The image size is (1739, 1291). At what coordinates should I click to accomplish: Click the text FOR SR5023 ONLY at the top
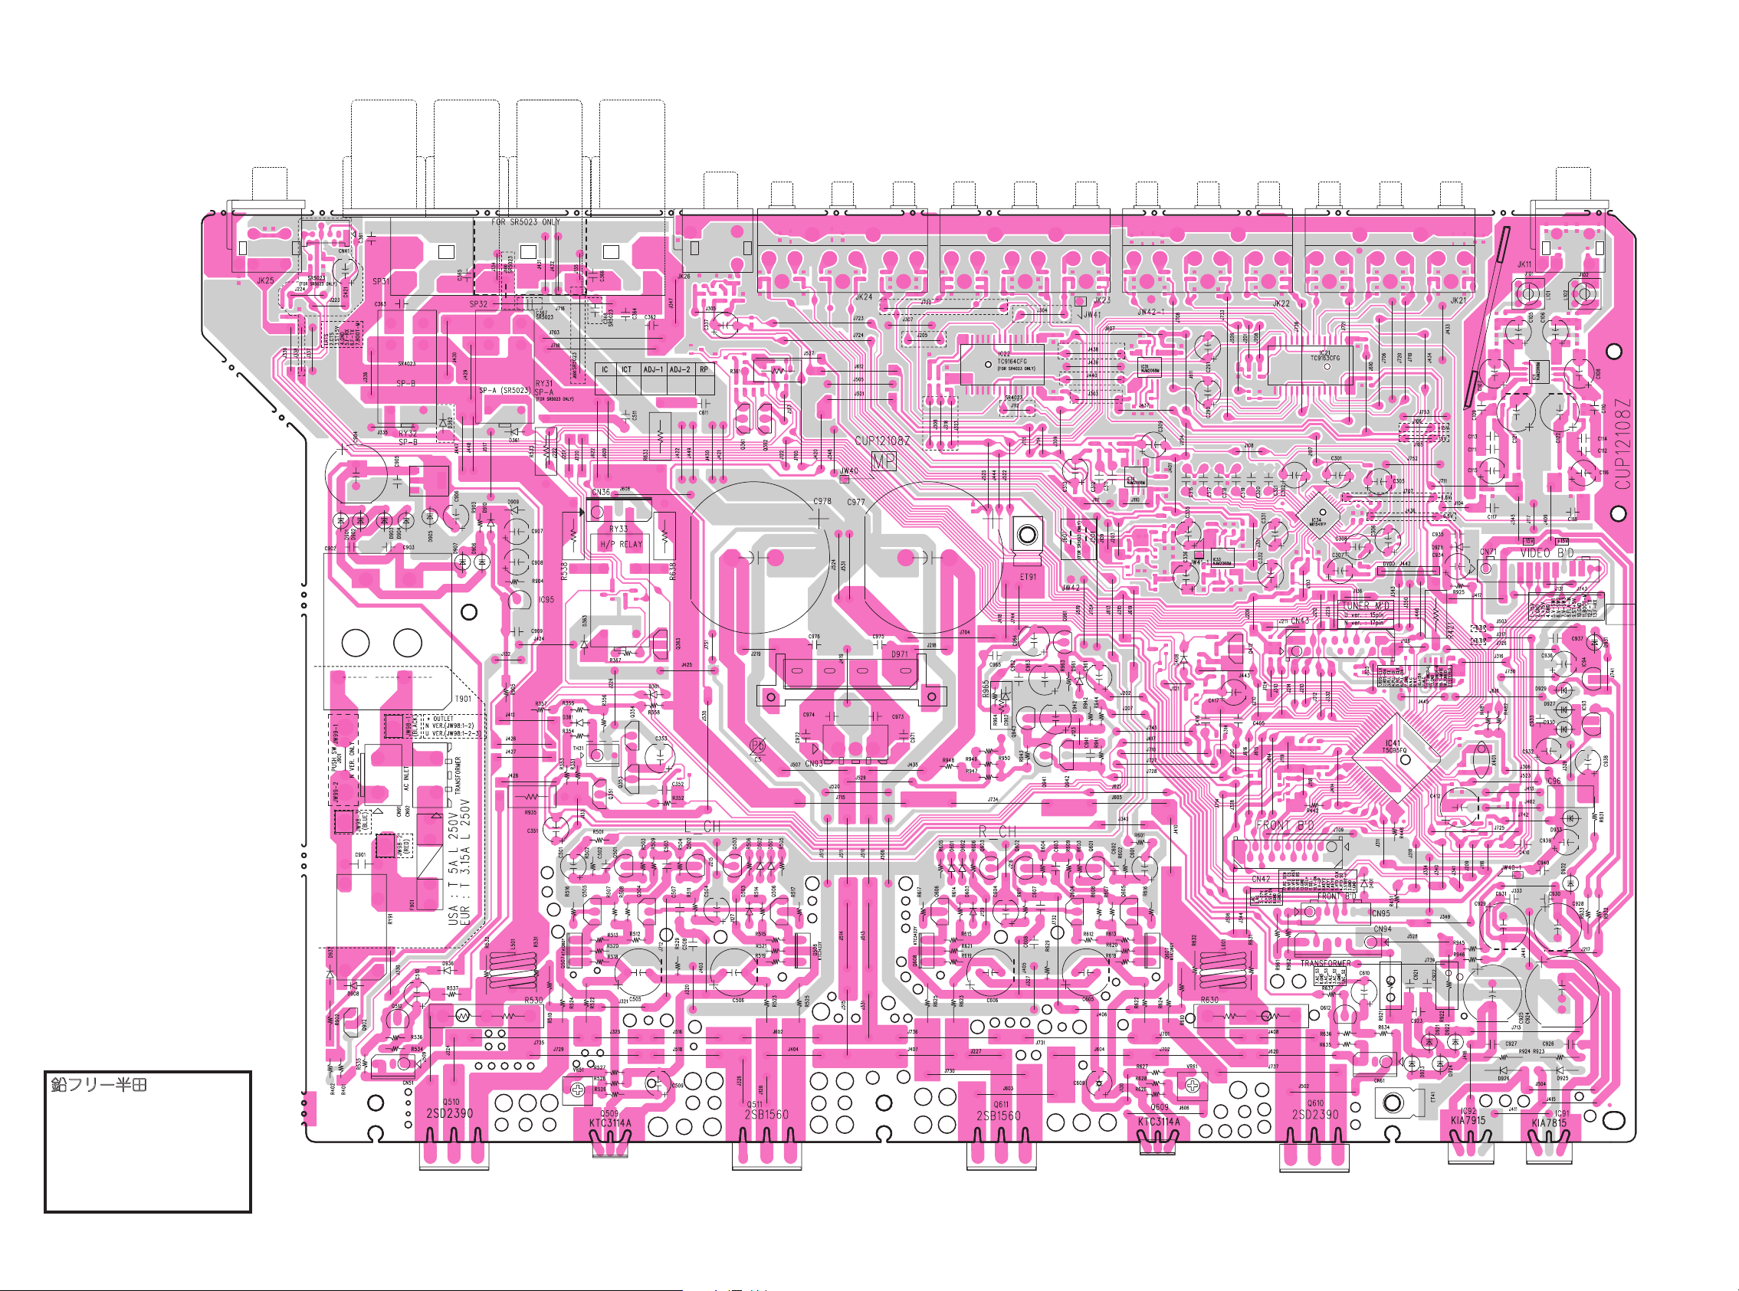(x=525, y=222)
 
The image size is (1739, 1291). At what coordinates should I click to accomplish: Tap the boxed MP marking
(x=883, y=462)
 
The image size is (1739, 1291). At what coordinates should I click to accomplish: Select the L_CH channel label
(x=703, y=827)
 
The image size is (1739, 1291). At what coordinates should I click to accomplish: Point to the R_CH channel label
(x=998, y=831)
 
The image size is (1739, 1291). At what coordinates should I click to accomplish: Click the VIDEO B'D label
(x=1547, y=552)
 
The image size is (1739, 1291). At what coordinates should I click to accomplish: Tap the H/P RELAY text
(x=621, y=544)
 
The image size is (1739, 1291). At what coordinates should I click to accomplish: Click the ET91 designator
(x=1028, y=577)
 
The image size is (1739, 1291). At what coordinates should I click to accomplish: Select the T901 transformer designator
(x=463, y=699)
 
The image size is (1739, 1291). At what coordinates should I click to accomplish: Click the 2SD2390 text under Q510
(x=449, y=1113)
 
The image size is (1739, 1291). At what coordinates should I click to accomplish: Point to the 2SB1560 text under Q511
(x=766, y=1114)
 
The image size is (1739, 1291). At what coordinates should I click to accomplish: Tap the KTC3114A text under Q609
(x=1159, y=1122)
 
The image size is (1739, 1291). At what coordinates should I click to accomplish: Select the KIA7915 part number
(x=1468, y=1121)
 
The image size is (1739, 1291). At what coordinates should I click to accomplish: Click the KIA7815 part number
(x=1549, y=1123)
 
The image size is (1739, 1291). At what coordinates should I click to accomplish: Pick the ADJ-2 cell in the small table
(x=679, y=369)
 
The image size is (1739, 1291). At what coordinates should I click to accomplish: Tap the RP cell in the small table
(x=704, y=369)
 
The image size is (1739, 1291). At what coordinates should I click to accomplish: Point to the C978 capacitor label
(x=822, y=501)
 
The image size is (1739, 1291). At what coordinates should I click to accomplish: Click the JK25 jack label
(x=266, y=280)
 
